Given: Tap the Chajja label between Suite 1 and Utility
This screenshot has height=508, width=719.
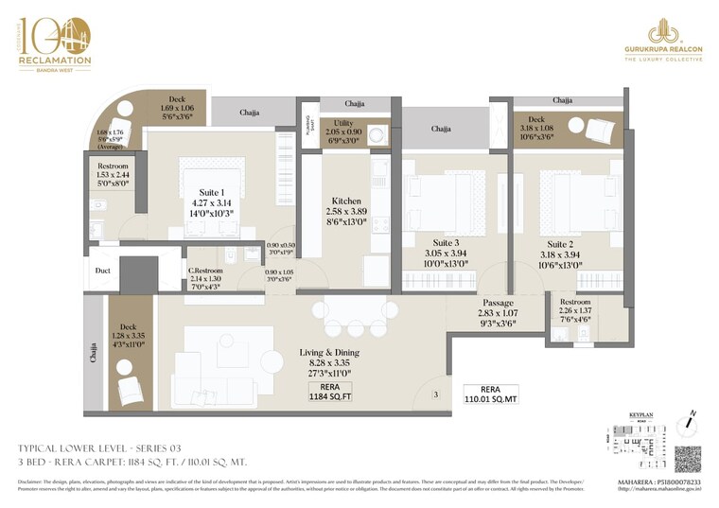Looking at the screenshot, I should [250, 113].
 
